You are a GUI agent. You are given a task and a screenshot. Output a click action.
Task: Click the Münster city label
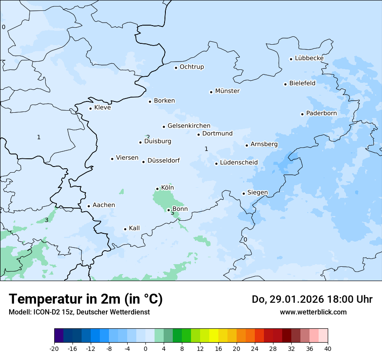click(227, 91)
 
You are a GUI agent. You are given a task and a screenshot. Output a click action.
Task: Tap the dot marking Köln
click(157, 189)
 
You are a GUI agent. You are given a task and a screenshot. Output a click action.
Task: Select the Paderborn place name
click(321, 113)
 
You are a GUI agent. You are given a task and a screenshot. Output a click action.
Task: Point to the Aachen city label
click(104, 205)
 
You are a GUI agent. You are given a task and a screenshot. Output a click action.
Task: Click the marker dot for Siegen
click(244, 193)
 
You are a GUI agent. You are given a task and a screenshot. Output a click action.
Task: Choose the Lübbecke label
click(309, 58)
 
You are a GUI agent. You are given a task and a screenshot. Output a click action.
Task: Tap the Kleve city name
click(102, 108)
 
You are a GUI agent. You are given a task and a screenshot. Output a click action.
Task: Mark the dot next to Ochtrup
click(176, 67)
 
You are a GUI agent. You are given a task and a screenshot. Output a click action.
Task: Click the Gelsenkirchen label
click(189, 126)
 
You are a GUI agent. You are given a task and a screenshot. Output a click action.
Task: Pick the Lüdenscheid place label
click(239, 163)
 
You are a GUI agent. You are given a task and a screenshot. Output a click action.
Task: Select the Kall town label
click(134, 228)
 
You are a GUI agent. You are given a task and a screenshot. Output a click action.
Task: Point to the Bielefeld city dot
click(285, 84)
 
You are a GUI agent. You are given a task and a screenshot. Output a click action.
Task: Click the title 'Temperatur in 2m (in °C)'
click(86, 299)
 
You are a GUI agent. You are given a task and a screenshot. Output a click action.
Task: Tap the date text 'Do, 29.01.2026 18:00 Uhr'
click(312, 299)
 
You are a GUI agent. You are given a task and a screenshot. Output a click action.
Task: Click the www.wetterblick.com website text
click(313, 312)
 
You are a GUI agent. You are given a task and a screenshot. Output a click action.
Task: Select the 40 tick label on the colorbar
click(328, 348)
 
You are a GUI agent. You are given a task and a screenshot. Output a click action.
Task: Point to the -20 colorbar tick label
click(54, 348)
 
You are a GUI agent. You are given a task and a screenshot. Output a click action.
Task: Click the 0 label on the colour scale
click(145, 348)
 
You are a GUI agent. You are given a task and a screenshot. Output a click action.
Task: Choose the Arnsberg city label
click(264, 144)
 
